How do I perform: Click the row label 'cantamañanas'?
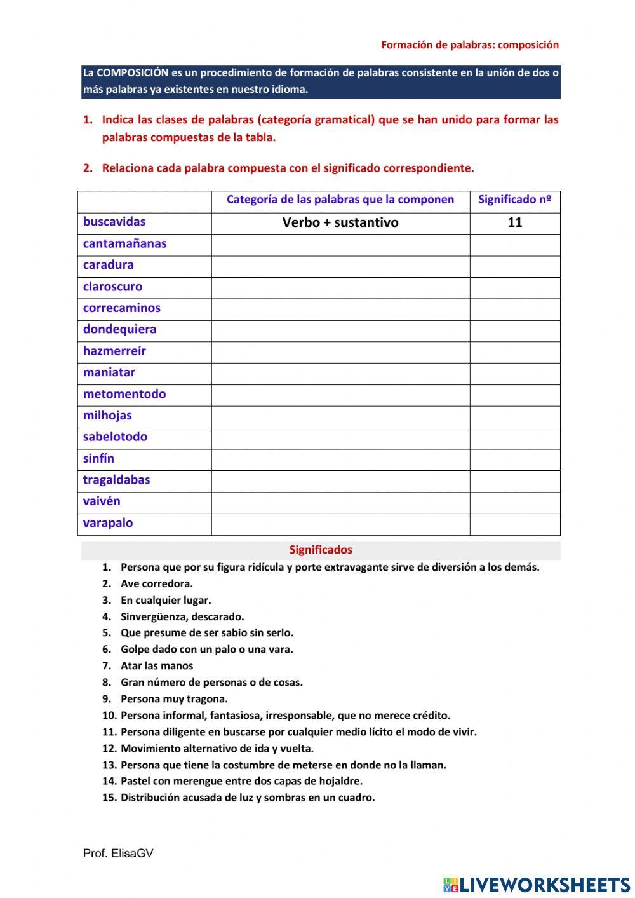pos(124,243)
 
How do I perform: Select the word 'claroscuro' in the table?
pos(112,287)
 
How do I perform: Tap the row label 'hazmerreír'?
pos(114,351)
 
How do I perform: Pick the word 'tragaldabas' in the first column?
pos(116,480)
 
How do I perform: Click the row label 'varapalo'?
pos(108,523)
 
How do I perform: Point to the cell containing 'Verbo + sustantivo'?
pos(340,222)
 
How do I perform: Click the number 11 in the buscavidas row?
pos(515,222)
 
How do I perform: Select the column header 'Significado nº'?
pos(514,200)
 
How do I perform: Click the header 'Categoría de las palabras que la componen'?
pos(340,200)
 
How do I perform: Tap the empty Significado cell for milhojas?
pos(515,416)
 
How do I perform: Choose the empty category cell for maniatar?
pos(340,372)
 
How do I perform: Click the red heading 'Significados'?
pos(321,550)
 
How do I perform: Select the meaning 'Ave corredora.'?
pos(156,583)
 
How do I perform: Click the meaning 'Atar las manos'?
pos(156,666)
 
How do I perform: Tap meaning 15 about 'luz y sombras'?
pos(248,798)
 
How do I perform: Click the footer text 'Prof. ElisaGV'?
pos(118,854)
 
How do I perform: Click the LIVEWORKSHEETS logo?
pos(537,884)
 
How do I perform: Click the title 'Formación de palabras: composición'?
pos(470,45)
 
